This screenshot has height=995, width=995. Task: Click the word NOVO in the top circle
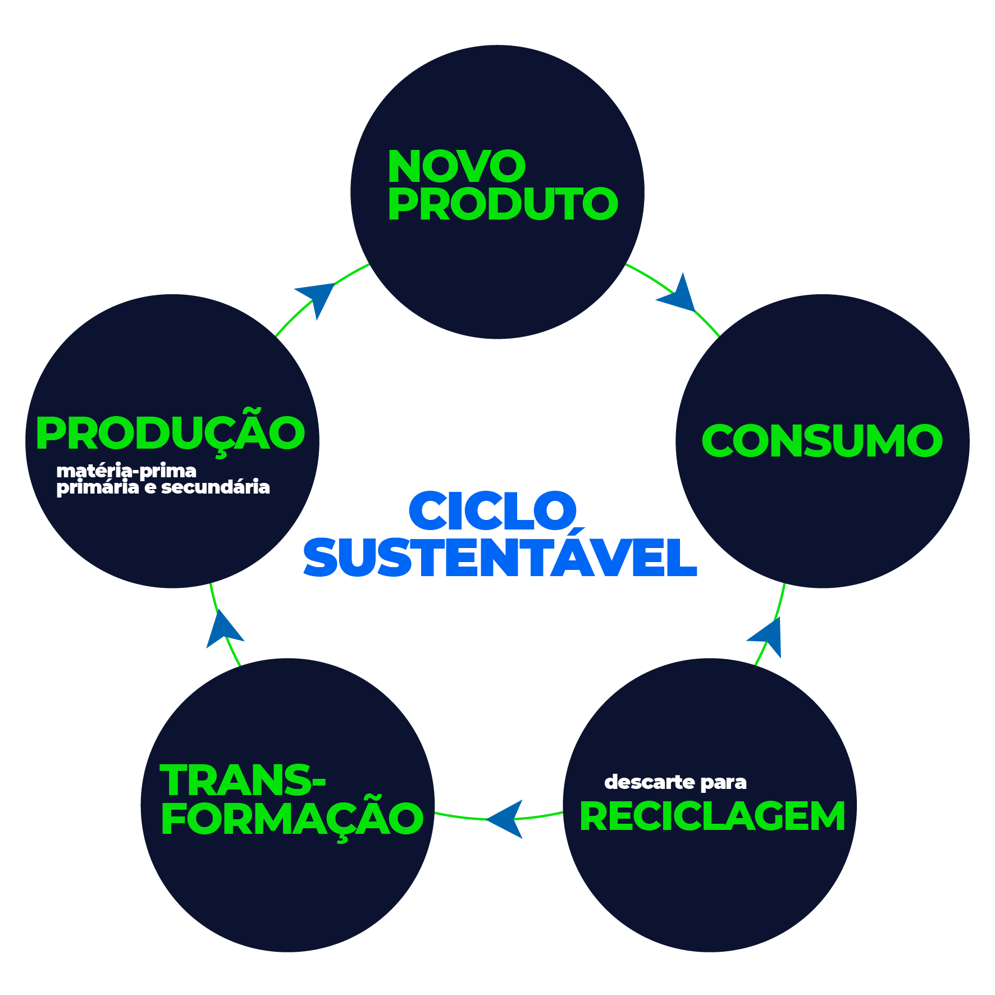[x=456, y=167]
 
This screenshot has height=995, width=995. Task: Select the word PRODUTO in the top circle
[x=503, y=204]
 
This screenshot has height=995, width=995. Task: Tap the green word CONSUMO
[x=821, y=441]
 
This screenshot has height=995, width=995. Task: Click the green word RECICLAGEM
[x=712, y=816]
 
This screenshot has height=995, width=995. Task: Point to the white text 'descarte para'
[x=675, y=782]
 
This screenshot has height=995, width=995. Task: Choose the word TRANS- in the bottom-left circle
[x=243, y=781]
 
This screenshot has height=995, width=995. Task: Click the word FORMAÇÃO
[x=292, y=818]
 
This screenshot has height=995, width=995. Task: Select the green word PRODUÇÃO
[x=170, y=433]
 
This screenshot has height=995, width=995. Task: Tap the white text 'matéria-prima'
[x=126, y=471]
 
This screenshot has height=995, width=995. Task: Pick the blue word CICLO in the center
[x=492, y=511]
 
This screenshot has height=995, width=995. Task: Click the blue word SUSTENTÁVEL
[x=500, y=558]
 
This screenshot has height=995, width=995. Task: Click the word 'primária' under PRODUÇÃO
[x=98, y=487]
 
